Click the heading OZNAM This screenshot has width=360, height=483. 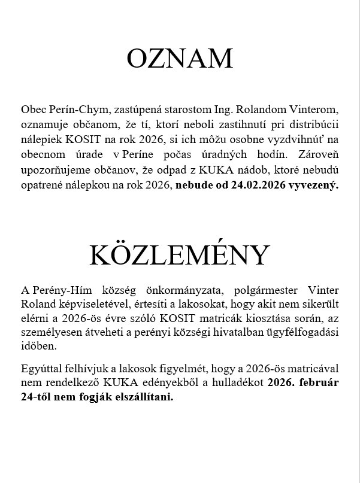click(180, 59)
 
